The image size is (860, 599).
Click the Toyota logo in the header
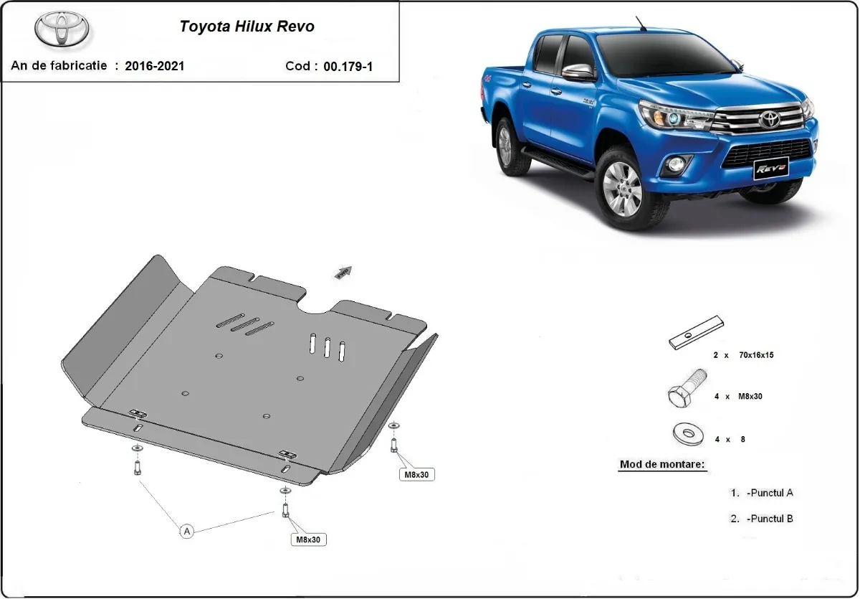(62, 28)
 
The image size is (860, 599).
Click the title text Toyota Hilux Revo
(246, 27)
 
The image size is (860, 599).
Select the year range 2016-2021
(154, 66)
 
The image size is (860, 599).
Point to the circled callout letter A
(187, 531)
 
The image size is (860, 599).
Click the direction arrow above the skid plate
(343, 271)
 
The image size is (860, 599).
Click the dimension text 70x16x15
(757, 354)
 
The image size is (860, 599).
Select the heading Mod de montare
(662, 464)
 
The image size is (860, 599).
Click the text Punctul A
(769, 493)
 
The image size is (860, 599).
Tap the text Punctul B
(769, 519)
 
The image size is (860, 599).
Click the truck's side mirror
(578, 72)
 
